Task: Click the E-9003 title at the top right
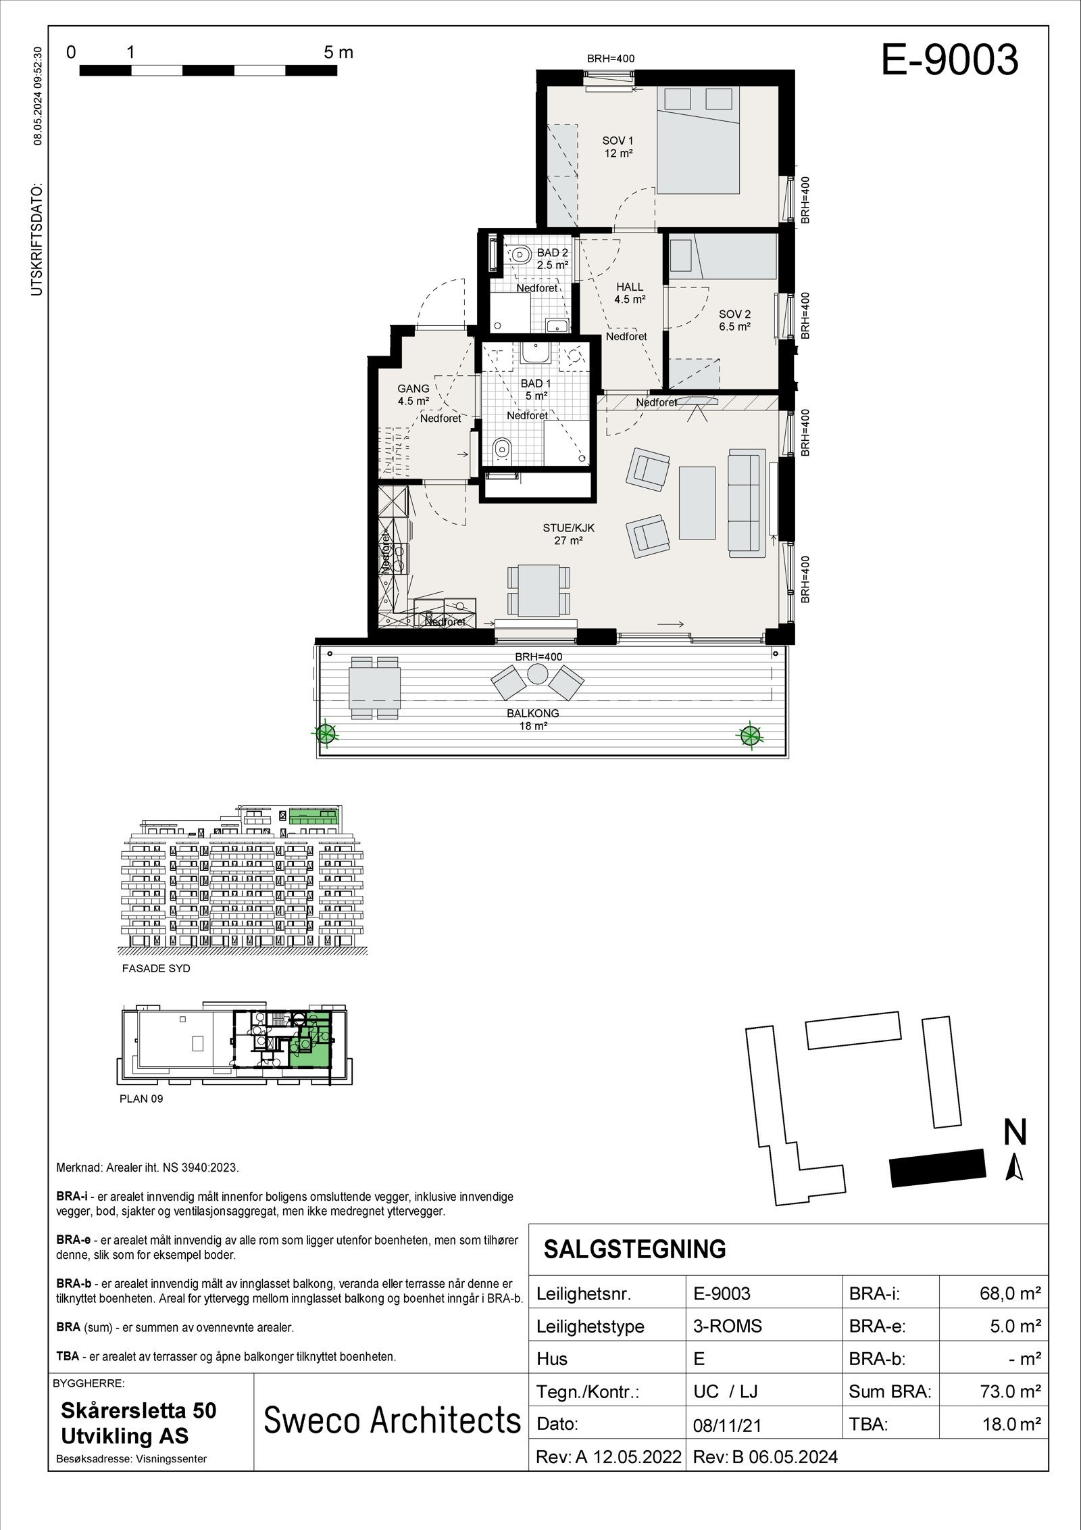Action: pos(949,60)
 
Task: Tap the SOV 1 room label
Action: pos(618,147)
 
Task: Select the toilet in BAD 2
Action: pos(521,255)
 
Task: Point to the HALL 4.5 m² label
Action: pos(629,293)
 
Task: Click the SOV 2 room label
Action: pos(734,320)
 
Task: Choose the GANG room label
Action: pos(413,394)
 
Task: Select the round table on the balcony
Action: pos(538,674)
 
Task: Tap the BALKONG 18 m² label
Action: pos(533,719)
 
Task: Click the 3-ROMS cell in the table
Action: pos(727,1326)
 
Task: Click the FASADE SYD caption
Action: pos(156,968)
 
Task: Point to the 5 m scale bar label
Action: pos(338,53)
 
